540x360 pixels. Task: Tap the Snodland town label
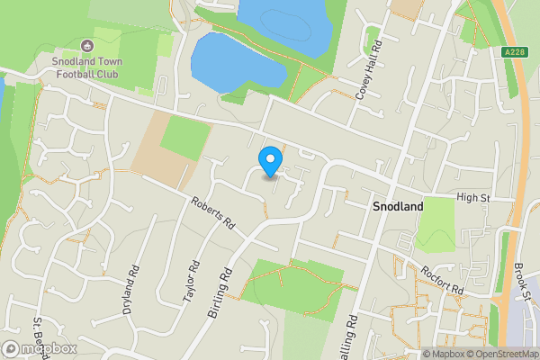pos(398,206)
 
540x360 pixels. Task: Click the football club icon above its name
pos(86,44)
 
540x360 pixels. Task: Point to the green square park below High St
pos(437,223)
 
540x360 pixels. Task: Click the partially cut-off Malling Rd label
pos(350,337)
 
